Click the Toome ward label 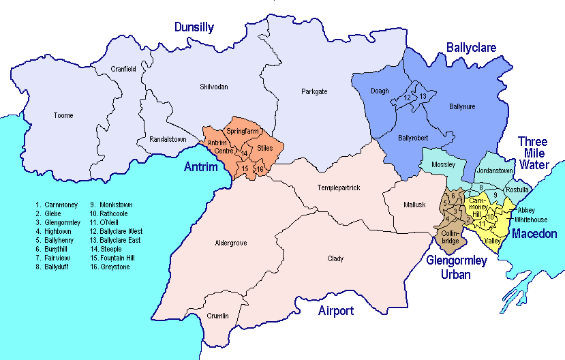click(63, 116)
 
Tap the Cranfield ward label click(124, 69)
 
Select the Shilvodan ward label click(214, 87)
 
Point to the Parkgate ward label click(314, 91)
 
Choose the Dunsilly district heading click(194, 28)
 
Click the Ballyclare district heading click(472, 47)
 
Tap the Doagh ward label click(380, 91)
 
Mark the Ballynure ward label click(463, 106)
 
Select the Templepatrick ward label click(339, 187)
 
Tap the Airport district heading click(336, 312)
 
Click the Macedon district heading click(534, 234)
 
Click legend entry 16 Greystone click(109, 267)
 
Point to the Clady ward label click(335, 259)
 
